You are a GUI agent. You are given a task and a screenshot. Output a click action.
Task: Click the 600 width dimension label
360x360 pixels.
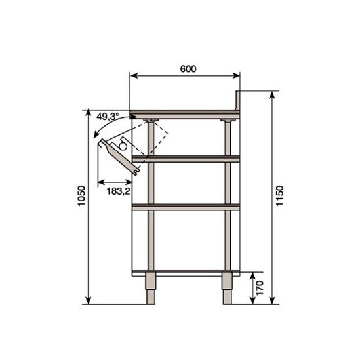(187, 68)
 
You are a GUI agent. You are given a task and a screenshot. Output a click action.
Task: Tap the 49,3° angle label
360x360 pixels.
(108, 116)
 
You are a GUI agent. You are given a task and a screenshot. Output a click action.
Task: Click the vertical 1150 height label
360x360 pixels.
(280, 197)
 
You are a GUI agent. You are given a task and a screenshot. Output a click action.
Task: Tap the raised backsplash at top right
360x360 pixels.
(239, 100)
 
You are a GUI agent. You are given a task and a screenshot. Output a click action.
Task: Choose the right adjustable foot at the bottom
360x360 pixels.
(228, 289)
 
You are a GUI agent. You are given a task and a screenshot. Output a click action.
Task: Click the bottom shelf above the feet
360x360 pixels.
(186, 271)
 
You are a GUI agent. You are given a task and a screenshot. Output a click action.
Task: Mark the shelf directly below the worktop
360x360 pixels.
(186, 157)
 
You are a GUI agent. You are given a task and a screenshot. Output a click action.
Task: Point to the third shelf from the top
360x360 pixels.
(186, 208)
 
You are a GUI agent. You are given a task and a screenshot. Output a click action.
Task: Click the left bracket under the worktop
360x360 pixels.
(152, 121)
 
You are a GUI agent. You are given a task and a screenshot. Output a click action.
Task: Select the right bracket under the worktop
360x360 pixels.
(228, 121)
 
